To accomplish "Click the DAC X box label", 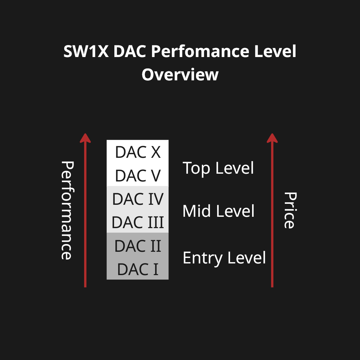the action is point(138,152).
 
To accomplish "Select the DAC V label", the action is point(138,176).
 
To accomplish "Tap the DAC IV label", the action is point(138,199).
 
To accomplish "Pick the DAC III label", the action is point(138,222).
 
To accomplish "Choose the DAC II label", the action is point(138,246).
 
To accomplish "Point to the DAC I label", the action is point(138,269).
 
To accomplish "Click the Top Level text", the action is point(218,168).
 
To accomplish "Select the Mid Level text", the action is point(218,211).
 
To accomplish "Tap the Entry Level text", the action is point(224,258).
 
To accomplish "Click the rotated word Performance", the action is point(67,210).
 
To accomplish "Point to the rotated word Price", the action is point(290,210).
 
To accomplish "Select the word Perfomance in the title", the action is point(200,51).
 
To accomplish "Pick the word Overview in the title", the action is point(180,75).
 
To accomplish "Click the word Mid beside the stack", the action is point(197,211).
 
